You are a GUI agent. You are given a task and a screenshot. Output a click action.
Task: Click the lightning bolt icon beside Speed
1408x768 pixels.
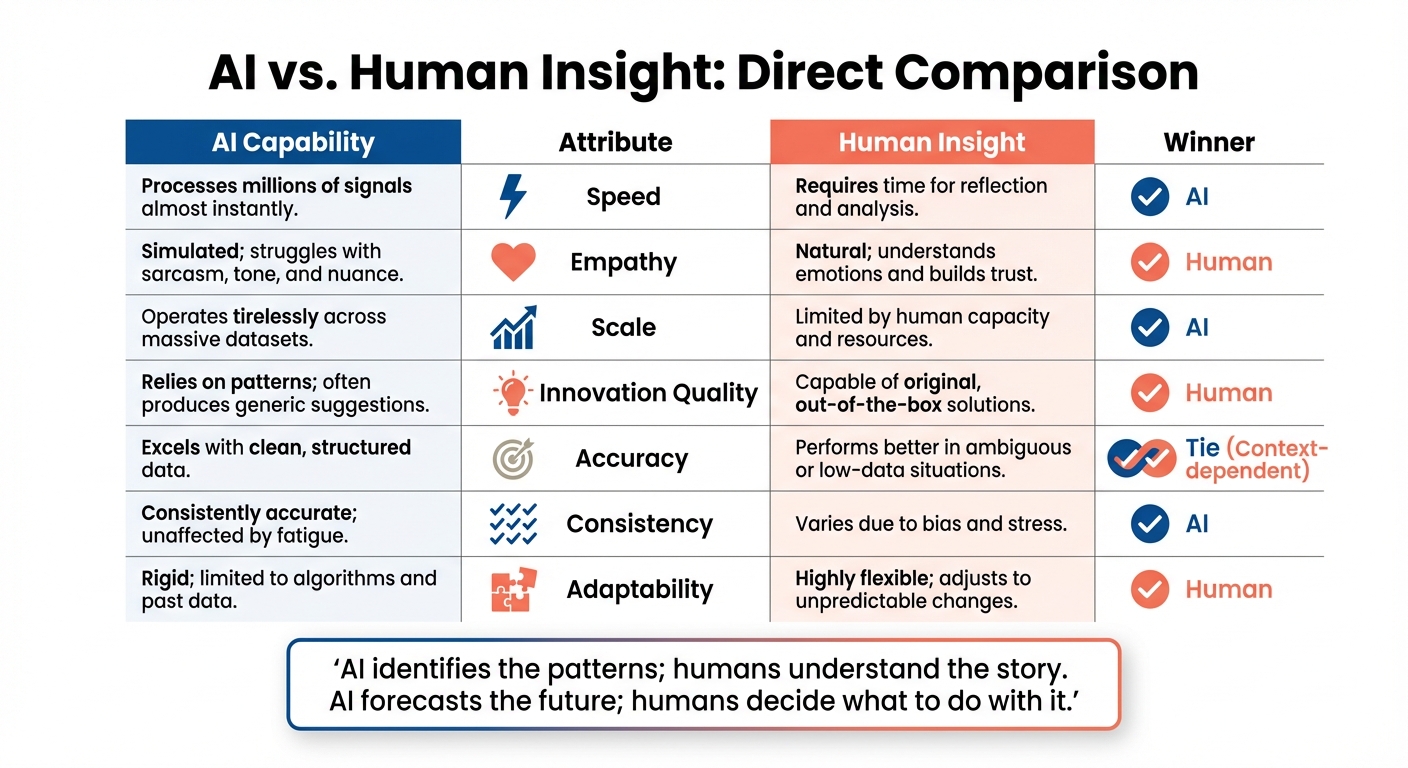pos(512,196)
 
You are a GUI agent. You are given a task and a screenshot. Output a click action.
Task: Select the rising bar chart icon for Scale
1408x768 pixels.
pos(514,327)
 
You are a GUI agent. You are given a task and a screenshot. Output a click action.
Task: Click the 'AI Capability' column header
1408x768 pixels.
pos(293,142)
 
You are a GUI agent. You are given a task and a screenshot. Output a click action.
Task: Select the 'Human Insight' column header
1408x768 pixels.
pos(932,142)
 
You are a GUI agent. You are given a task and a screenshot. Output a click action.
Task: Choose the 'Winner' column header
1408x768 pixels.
pos(1209,142)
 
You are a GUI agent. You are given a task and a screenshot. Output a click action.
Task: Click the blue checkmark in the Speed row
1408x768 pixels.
pos(1150,197)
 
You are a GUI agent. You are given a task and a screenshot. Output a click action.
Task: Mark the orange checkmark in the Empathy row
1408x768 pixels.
pos(1150,262)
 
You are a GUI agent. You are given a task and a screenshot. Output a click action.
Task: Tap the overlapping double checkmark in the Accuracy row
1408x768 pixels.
pos(1142,459)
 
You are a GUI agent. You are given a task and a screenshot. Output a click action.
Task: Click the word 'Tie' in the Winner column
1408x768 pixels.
pos(1203,448)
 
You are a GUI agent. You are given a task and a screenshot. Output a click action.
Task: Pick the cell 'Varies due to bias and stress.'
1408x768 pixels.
pos(930,524)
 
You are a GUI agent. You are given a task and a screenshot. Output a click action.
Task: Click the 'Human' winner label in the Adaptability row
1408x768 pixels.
pos(1229,589)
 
